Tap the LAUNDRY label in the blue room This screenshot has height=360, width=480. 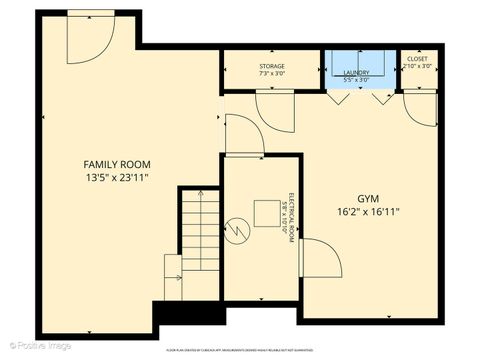point(356,73)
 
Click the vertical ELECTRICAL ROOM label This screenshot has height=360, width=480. point(288,212)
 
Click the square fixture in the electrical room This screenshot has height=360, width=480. point(267,214)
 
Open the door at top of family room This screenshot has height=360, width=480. point(88,38)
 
